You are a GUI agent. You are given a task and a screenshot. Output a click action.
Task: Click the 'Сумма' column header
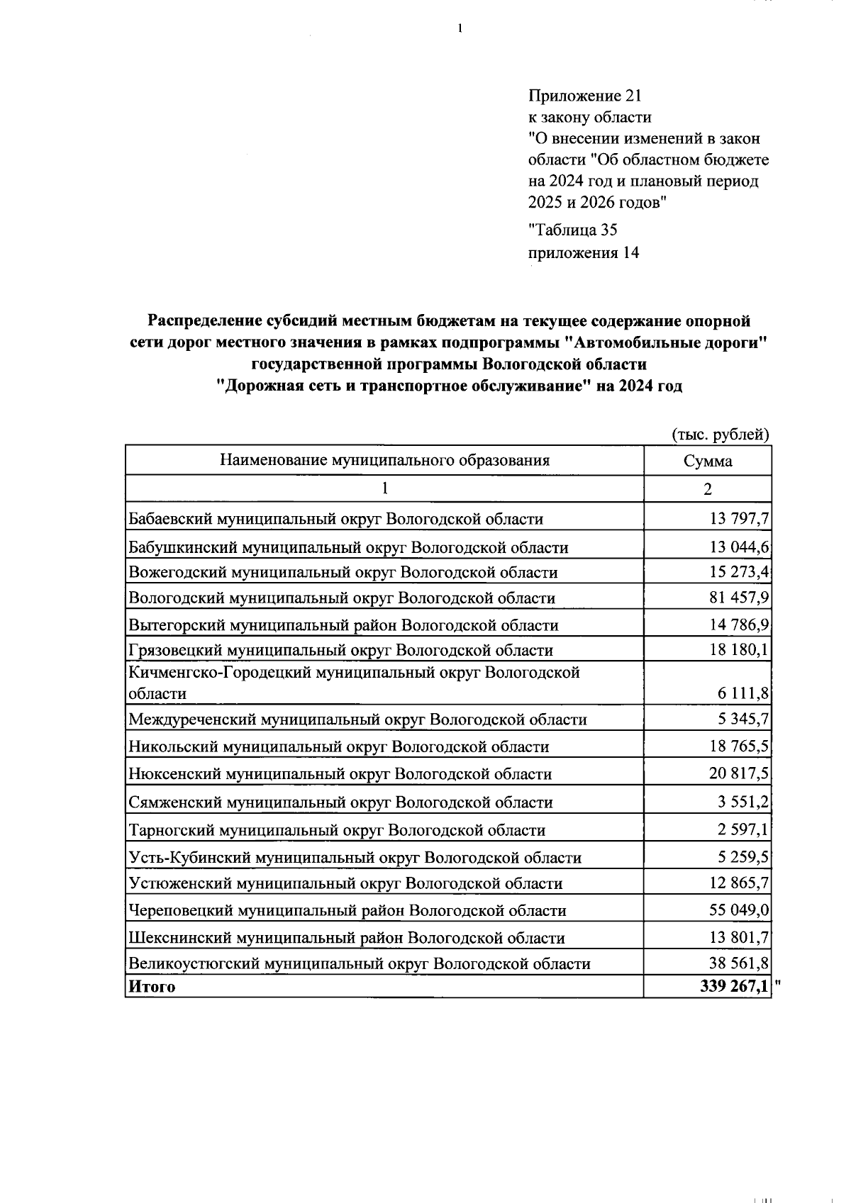(707, 461)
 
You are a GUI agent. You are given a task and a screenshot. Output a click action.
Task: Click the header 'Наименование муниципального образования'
(384, 461)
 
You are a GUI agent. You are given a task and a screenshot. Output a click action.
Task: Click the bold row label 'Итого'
(151, 986)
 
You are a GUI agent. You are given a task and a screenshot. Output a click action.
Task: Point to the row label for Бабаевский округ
(335, 519)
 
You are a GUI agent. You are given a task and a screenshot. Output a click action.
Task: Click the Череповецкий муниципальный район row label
(347, 910)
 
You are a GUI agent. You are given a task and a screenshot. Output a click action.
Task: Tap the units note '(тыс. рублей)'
(720, 435)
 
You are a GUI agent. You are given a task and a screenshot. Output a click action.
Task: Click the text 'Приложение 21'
(584, 96)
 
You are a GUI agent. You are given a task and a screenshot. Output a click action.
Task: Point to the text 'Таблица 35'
(574, 230)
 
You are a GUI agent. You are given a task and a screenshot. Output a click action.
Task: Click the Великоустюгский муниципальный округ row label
(359, 963)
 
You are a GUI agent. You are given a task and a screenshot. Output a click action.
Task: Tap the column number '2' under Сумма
(707, 489)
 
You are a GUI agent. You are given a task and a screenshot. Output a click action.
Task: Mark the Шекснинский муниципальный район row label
(346, 938)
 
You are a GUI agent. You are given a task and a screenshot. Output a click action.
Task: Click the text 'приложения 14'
(584, 252)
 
